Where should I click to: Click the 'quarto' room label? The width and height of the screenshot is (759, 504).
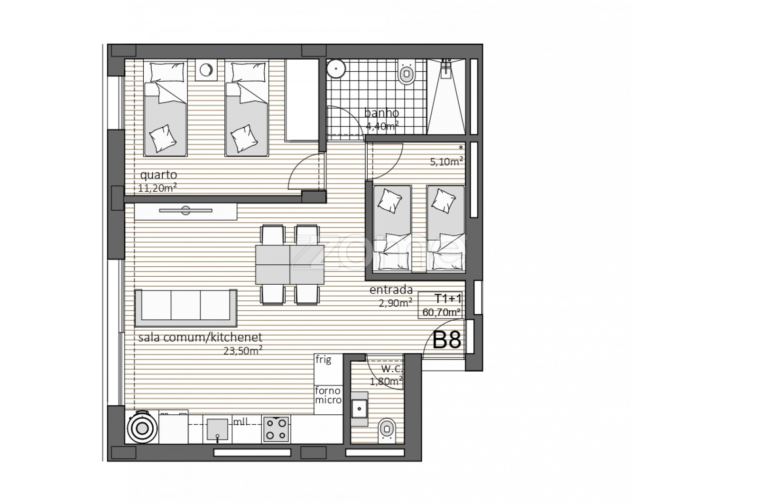158,175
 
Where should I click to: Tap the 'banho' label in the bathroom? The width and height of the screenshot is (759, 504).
381,112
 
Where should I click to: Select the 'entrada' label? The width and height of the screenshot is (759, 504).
391,290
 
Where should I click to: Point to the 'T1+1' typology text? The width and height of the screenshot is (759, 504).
448,299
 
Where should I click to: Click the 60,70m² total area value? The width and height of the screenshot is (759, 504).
442,312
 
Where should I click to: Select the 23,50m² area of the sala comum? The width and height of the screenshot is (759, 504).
243,350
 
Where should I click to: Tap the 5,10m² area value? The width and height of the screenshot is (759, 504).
446,162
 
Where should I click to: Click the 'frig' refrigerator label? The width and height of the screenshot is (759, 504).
323,359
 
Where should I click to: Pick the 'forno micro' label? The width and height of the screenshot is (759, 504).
328,395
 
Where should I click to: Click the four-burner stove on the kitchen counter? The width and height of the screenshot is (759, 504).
276,429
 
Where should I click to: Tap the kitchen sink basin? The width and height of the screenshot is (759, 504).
218,429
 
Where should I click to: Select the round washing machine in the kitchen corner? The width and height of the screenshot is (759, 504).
142,428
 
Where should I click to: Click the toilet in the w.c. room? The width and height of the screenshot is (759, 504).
387,430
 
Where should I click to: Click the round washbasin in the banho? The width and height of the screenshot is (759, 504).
336,68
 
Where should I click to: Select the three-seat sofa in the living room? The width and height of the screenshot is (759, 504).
185,308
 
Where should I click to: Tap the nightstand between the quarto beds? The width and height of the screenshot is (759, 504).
206,70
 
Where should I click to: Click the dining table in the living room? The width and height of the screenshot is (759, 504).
290,265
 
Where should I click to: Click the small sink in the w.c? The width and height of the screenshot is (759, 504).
359,409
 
